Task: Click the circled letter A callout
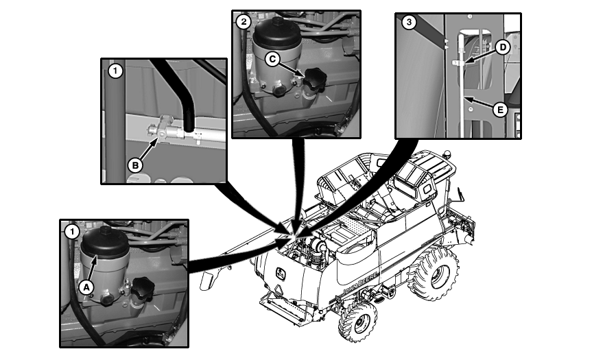point(86,287)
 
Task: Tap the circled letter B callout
point(135,165)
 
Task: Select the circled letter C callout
point(272,59)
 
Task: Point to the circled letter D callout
point(503,47)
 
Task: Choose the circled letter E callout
point(500,110)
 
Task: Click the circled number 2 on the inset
point(244,22)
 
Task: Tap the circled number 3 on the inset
point(409,22)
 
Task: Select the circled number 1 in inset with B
point(115,71)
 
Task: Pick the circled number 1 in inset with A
point(72,232)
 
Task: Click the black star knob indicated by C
point(315,80)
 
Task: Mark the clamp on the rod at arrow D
point(458,63)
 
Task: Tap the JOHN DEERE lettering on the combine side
point(359,285)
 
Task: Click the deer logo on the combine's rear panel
point(281,274)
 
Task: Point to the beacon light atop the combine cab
point(447,154)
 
